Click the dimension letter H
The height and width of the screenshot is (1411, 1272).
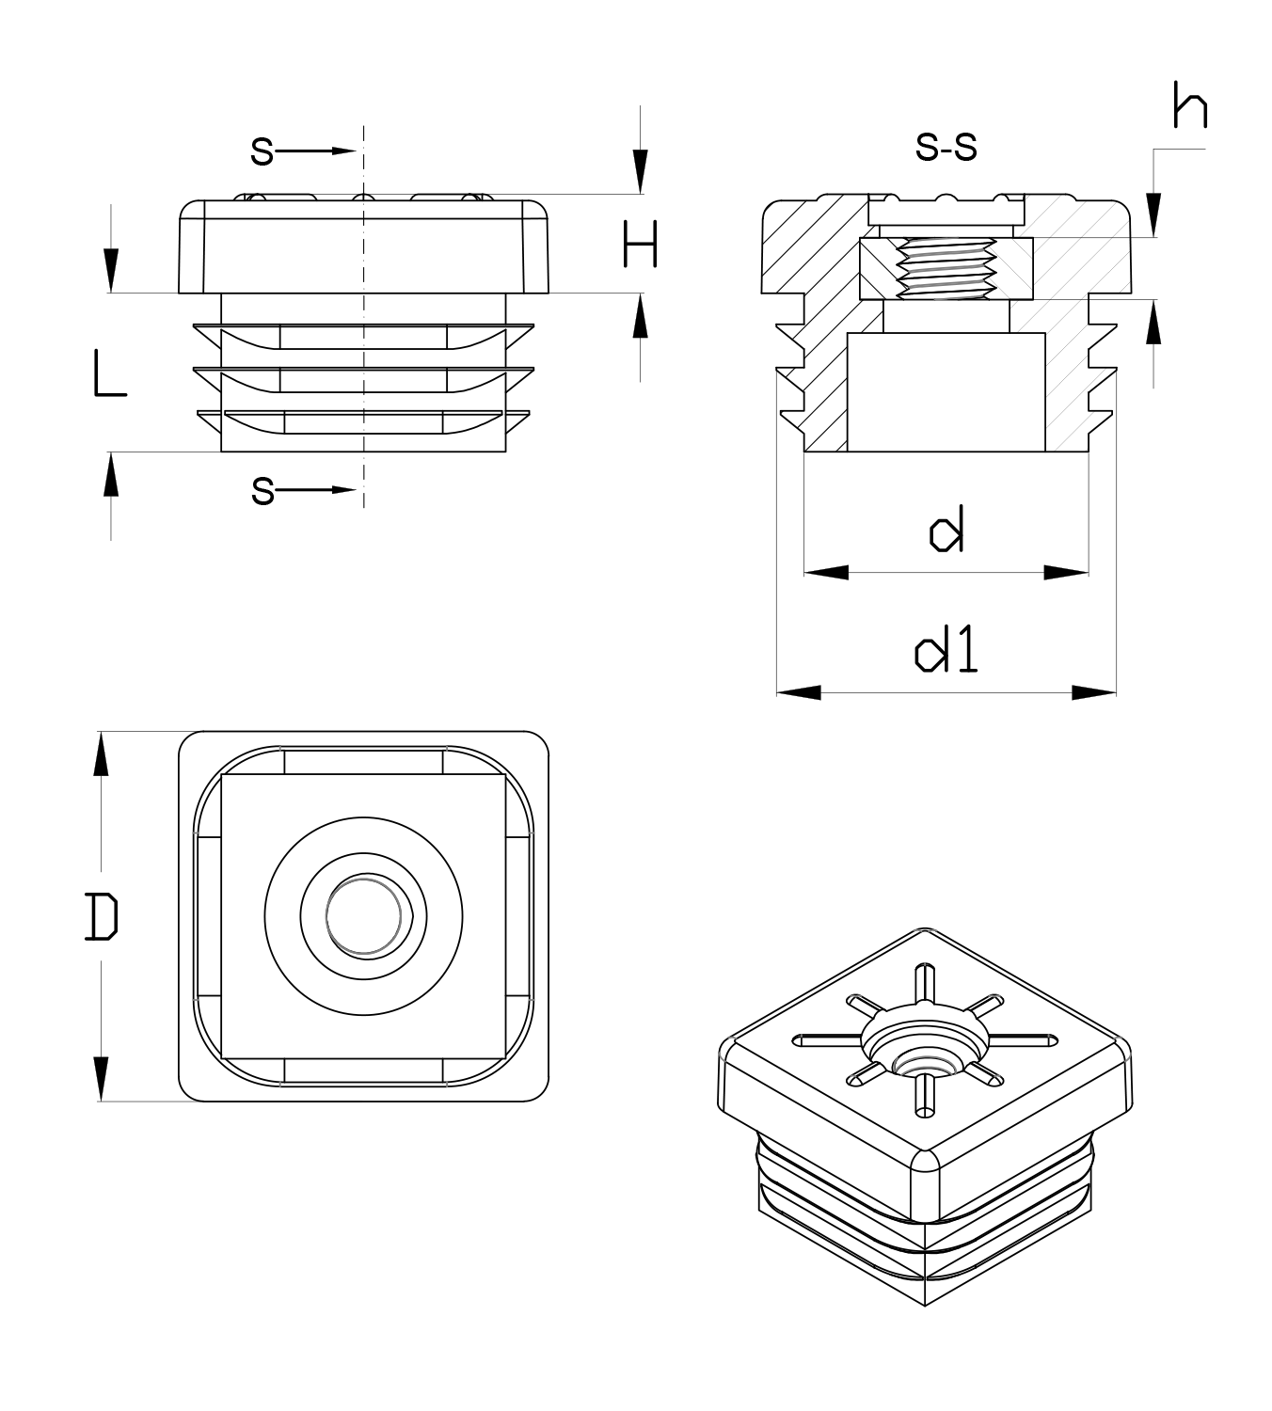pyautogui.click(x=640, y=245)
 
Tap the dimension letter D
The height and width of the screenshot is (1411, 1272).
pyautogui.click(x=101, y=917)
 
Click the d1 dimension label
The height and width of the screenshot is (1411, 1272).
pyautogui.click(x=946, y=651)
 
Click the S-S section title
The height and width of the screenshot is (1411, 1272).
pyautogui.click(x=946, y=147)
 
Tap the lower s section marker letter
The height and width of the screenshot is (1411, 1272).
pyautogui.click(x=262, y=490)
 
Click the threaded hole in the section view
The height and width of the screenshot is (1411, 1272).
pyautogui.click(x=946, y=267)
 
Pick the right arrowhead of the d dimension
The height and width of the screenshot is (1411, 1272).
pyautogui.click(x=1067, y=572)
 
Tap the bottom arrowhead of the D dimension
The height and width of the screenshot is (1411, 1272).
pyautogui.click(x=101, y=1079)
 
